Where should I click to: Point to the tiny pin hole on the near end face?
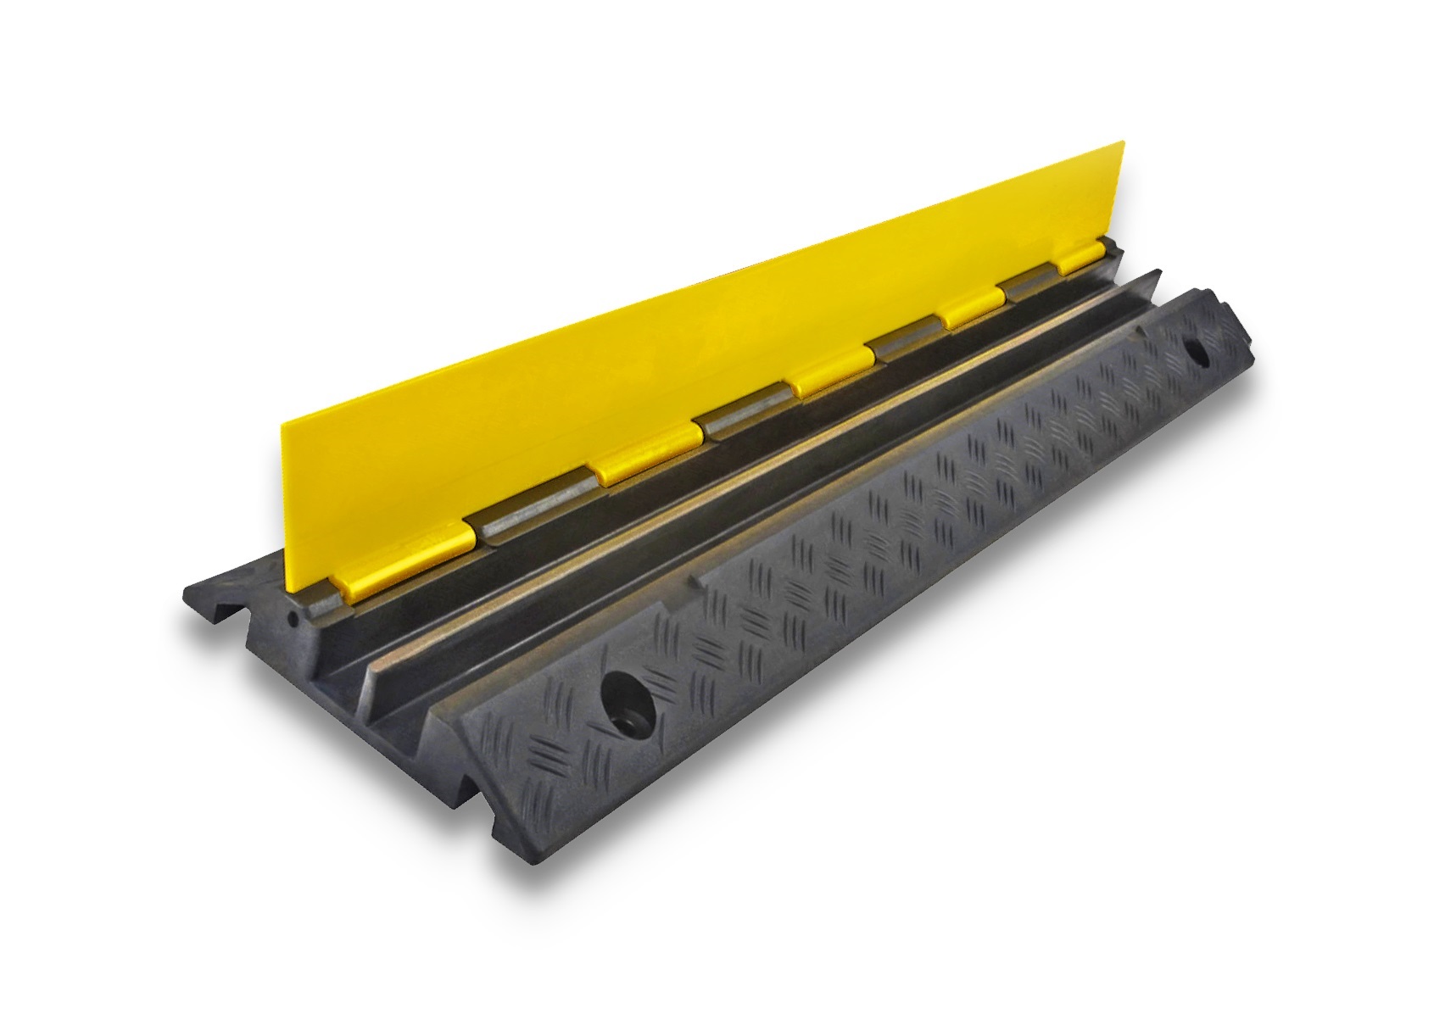click(293, 619)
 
